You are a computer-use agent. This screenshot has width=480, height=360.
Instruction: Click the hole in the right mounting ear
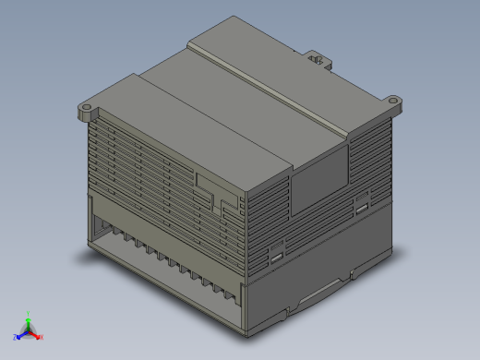click(x=394, y=99)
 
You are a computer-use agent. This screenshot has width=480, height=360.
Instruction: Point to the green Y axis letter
click(x=29, y=313)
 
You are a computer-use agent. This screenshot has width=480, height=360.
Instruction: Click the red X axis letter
click(x=41, y=337)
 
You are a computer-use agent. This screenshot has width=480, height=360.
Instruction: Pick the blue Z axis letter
click(x=15, y=338)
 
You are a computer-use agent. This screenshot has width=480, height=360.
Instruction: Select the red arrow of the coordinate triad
click(x=35, y=333)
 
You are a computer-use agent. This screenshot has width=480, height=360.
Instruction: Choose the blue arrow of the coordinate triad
click(x=21, y=333)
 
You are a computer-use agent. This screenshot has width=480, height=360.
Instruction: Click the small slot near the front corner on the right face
click(x=276, y=254)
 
